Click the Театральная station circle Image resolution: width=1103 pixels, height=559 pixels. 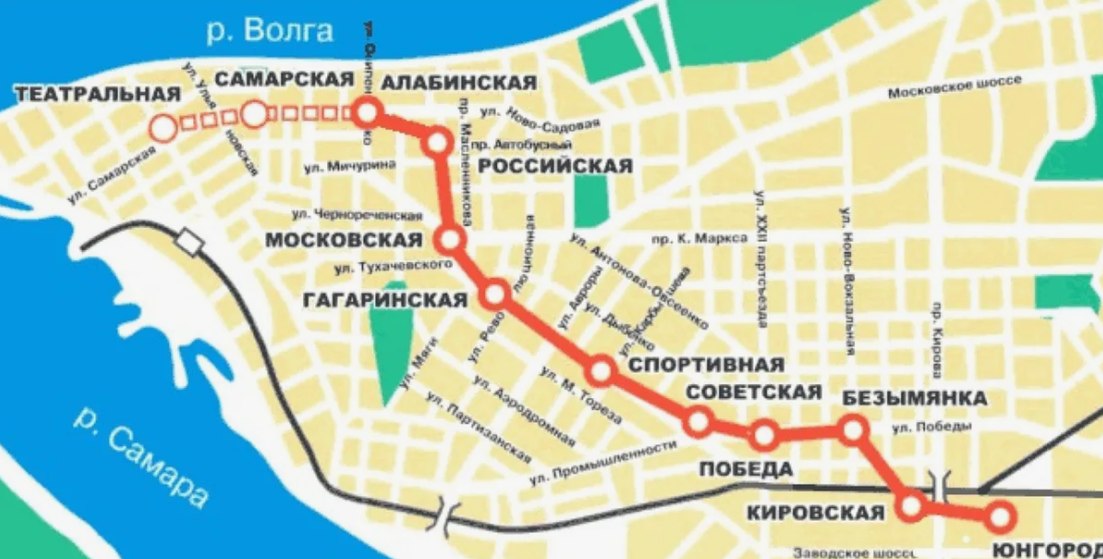165,128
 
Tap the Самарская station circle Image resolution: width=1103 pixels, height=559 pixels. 255,115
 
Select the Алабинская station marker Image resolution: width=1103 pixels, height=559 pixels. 367,114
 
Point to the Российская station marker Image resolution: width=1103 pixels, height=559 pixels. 437,143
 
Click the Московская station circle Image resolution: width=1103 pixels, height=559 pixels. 450,241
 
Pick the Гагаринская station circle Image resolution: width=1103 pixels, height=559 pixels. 495,295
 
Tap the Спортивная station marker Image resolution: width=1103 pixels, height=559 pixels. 600,371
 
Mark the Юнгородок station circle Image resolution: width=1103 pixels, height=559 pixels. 999,516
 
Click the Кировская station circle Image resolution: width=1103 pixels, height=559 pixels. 912,505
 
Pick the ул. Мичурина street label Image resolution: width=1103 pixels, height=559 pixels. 349,165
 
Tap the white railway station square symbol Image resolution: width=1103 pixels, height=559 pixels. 189,242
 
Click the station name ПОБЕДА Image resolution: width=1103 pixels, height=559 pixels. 746,469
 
